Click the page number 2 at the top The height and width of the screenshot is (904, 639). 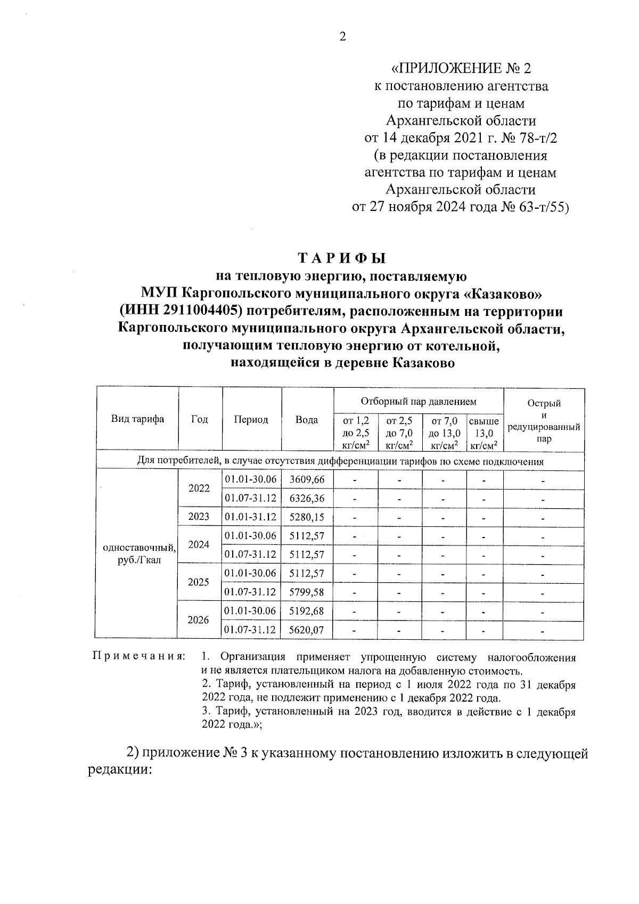tap(342, 37)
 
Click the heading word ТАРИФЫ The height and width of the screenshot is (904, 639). tap(341, 258)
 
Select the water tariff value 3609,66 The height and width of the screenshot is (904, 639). tap(307, 479)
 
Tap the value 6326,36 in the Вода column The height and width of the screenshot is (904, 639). tap(307, 498)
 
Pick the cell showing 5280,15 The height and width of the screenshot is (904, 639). tap(307, 517)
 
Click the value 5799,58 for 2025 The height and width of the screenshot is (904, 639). tap(307, 592)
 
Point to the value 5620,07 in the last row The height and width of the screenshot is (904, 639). tap(307, 630)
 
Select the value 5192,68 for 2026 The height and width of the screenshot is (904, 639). tap(307, 610)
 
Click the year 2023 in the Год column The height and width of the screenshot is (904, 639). tap(199, 517)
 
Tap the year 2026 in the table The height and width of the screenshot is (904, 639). tap(199, 620)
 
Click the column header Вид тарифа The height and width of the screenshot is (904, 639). tap(137, 419)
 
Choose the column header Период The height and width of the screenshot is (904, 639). tap(251, 420)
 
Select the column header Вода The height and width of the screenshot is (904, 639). tap(307, 420)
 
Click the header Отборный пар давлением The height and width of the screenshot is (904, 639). tap(419, 401)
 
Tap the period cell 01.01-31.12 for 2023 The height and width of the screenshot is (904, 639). tap(251, 517)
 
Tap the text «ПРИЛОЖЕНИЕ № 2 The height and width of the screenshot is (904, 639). tap(461, 69)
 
